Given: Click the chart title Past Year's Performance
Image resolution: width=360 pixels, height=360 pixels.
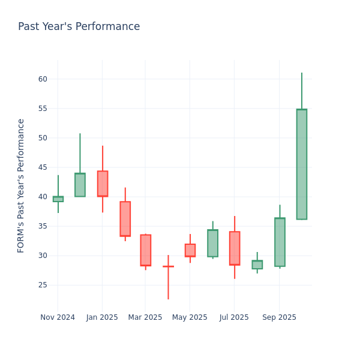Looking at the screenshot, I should click(x=79, y=27).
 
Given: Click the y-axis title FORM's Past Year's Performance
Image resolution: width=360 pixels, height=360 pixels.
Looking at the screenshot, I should click(x=21, y=185).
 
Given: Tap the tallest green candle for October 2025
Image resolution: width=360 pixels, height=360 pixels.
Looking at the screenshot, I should click(x=301, y=164).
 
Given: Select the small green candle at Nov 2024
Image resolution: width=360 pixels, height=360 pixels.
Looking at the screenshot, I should click(x=58, y=199).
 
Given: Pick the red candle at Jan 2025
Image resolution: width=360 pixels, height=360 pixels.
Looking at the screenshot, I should click(x=103, y=184).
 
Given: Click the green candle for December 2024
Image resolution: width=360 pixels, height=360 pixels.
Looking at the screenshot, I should click(x=80, y=185).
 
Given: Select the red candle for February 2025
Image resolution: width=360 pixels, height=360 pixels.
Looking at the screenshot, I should click(x=125, y=218).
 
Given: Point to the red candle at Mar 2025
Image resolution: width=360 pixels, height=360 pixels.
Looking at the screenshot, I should click(x=145, y=250).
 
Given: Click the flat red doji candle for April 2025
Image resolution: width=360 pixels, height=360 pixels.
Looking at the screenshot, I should click(x=168, y=266).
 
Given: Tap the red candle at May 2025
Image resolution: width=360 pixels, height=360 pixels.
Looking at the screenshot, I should click(x=190, y=250).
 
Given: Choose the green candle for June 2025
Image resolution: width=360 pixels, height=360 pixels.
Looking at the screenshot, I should click(x=212, y=243).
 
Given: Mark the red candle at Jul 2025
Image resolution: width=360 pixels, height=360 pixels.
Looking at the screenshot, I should click(x=235, y=248).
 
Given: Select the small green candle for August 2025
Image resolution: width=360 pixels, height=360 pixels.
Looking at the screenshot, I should click(x=257, y=265).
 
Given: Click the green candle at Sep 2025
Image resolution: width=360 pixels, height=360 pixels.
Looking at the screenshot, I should click(x=280, y=242).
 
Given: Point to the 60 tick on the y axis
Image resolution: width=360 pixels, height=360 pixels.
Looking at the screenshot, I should click(x=43, y=79).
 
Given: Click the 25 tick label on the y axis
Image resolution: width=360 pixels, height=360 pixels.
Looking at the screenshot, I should click(x=43, y=285).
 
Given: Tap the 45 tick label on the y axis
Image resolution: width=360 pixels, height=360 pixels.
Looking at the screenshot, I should click(x=43, y=167).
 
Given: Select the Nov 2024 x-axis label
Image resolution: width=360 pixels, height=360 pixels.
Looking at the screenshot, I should click(x=58, y=317).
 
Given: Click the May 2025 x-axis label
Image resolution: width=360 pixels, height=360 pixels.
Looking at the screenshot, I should click(x=190, y=317).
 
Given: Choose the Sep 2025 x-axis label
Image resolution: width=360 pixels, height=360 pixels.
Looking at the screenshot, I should click(x=279, y=317).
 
